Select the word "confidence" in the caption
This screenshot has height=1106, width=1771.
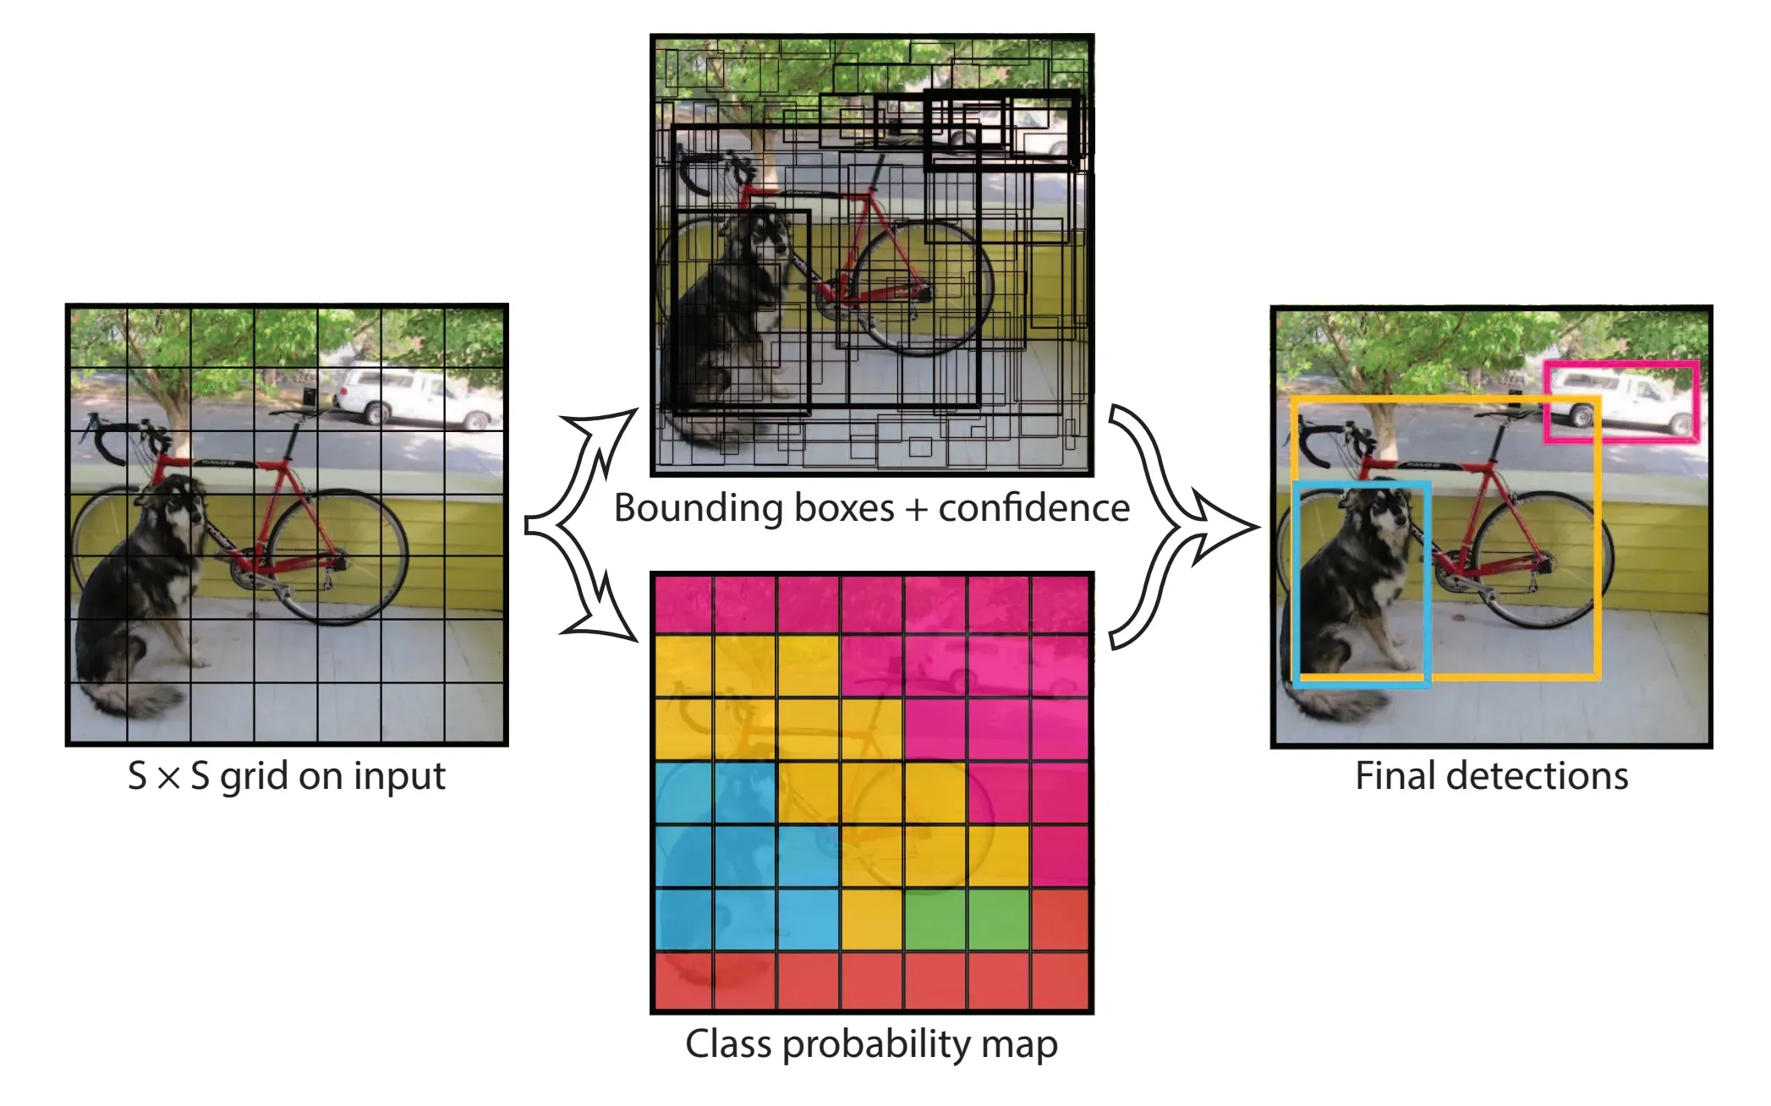point(1034,508)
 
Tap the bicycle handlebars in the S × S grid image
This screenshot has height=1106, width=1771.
point(118,435)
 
